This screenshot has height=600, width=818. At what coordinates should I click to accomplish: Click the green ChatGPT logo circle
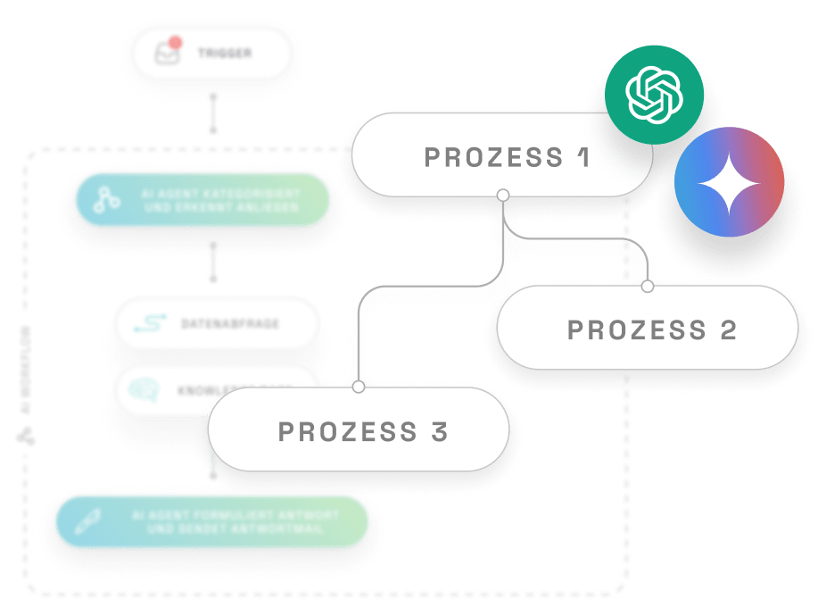coord(654,95)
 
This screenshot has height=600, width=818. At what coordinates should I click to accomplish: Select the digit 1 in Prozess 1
coord(583,157)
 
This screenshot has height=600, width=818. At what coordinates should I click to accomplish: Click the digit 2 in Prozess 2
coord(727,329)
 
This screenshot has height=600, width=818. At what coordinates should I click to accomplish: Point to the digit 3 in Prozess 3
coord(438,432)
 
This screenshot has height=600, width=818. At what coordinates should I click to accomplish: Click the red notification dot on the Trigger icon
coord(176,42)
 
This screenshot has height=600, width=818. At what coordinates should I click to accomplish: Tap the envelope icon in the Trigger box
coord(166,54)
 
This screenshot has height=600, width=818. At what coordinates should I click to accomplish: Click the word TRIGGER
coord(225,54)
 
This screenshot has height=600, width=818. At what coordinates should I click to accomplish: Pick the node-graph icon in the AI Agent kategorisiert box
coord(109,200)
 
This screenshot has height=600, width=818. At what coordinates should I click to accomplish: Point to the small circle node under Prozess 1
coord(503,194)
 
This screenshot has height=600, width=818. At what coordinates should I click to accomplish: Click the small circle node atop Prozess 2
coord(648,287)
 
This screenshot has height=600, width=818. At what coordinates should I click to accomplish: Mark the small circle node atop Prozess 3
coord(359,387)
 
